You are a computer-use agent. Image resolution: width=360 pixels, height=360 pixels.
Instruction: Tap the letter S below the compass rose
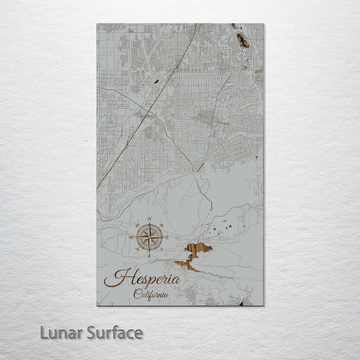pyautogui.click(x=148, y=255)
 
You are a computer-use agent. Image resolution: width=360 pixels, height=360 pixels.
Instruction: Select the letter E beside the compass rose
pyautogui.click(x=167, y=237)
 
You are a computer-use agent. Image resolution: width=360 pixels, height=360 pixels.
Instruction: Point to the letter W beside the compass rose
pyautogui.click(x=131, y=237)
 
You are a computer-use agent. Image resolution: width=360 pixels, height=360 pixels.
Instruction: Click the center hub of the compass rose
pyautogui.click(x=149, y=237)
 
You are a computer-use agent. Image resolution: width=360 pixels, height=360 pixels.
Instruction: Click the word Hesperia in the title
pyautogui.click(x=142, y=278)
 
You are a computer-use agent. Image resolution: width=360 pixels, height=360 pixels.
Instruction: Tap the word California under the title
pyautogui.click(x=150, y=294)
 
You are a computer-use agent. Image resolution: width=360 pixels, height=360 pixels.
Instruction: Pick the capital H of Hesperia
pyautogui.click(x=113, y=278)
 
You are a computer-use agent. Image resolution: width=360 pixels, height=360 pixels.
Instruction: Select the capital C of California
pyautogui.click(x=136, y=294)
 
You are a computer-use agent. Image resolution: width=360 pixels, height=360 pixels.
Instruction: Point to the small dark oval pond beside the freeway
pyautogui.click(x=156, y=81)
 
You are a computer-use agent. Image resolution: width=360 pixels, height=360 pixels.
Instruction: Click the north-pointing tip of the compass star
pyautogui.click(x=149, y=224)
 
